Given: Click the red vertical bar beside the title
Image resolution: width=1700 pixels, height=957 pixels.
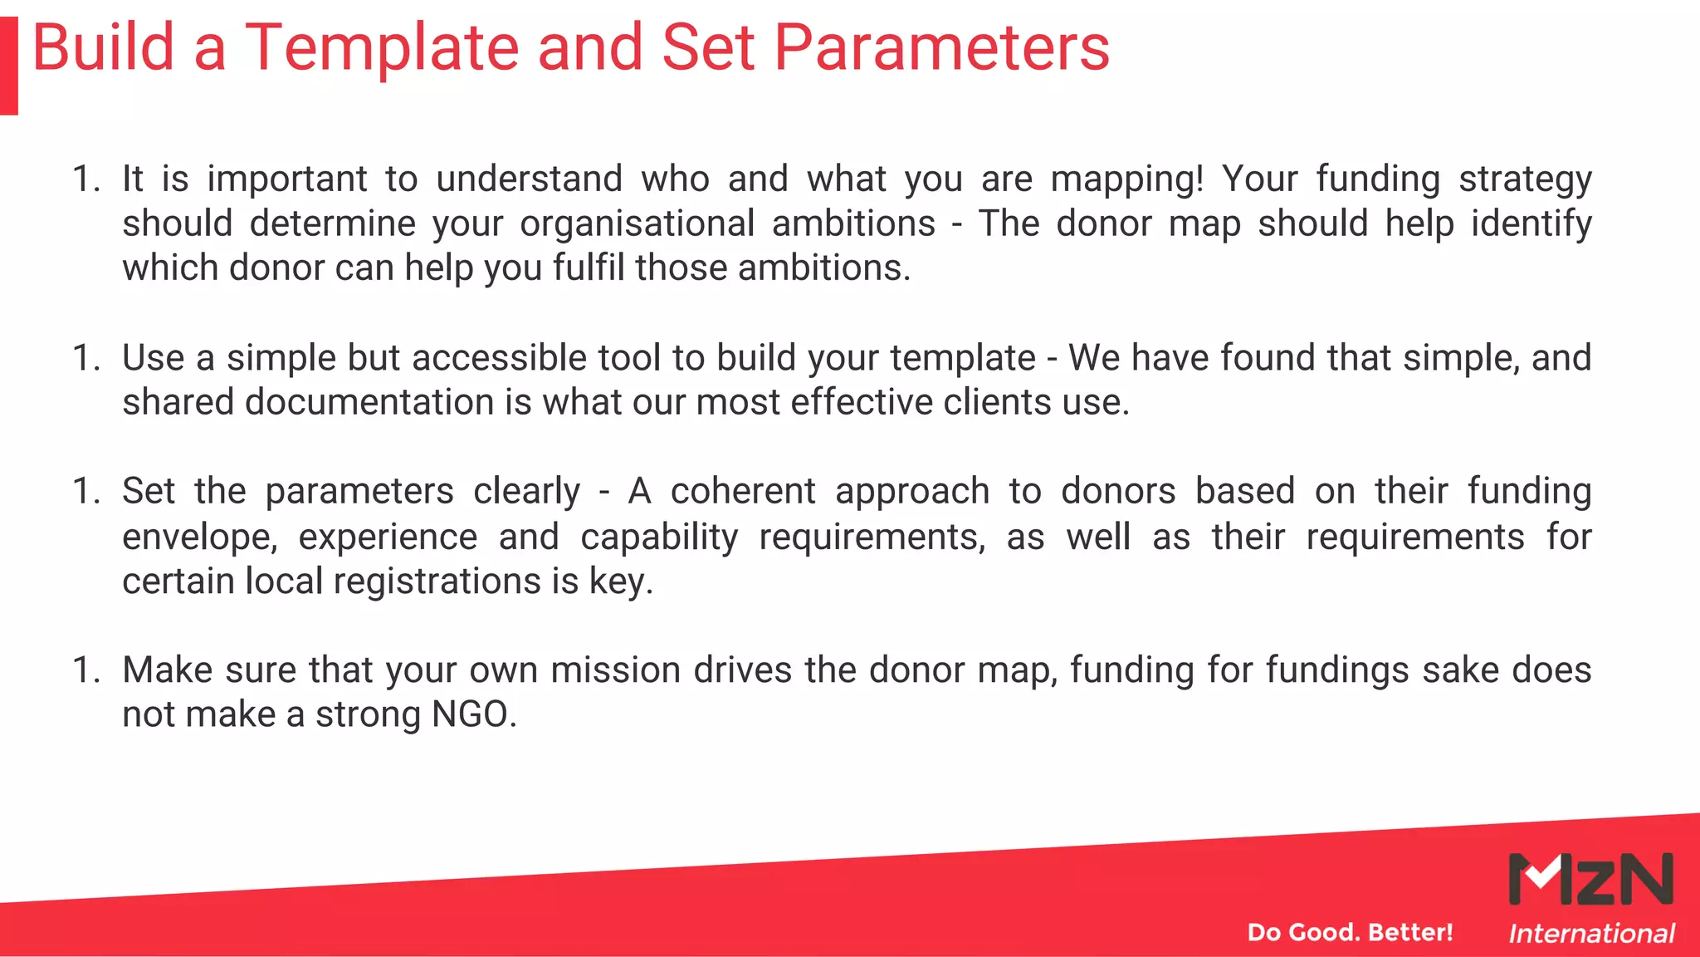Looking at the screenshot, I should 8,66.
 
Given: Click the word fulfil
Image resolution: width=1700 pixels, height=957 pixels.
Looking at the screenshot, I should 589,268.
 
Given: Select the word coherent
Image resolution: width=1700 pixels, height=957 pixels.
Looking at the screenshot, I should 743,492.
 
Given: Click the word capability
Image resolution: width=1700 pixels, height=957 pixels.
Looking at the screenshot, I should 659,537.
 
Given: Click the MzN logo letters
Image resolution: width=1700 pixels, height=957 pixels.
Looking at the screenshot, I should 1590,879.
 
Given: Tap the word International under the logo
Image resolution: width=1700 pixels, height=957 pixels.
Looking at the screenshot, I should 1590,934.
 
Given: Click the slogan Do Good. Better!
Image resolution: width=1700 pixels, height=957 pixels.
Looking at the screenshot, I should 1350,932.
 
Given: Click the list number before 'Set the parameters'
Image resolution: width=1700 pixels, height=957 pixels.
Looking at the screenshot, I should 86,492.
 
